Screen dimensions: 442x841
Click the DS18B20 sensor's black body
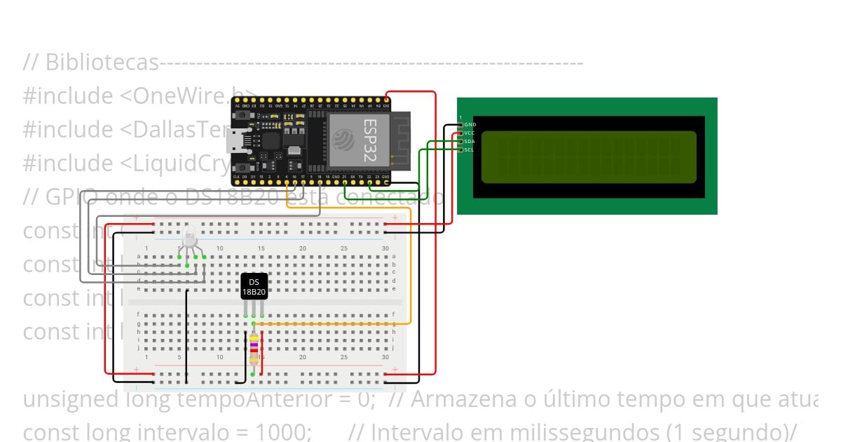(x=254, y=286)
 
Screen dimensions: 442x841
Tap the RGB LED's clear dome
(x=190, y=236)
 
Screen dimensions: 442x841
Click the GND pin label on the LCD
(x=470, y=124)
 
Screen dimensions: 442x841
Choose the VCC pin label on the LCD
(x=470, y=133)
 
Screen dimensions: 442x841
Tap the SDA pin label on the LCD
(x=470, y=141)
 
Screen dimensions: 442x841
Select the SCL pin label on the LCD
(x=470, y=149)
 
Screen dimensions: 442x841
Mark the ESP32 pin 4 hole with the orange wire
(x=286, y=183)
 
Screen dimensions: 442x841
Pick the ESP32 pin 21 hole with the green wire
(x=345, y=183)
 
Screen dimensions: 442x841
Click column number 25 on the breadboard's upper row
(x=343, y=248)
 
